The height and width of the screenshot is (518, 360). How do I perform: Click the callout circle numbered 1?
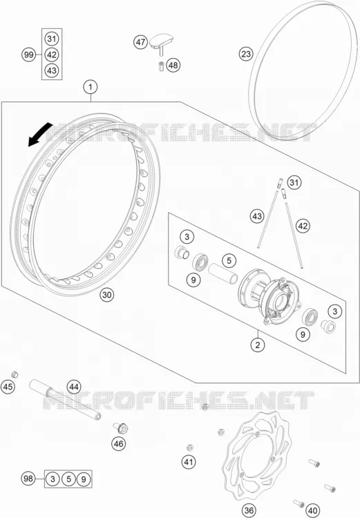[x=91, y=87]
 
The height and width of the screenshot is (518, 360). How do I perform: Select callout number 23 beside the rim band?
[x=246, y=54]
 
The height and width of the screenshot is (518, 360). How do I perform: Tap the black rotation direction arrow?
[x=39, y=135]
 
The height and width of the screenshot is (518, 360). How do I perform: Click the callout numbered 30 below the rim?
[x=107, y=294]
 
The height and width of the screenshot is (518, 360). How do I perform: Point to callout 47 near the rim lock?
[x=141, y=42]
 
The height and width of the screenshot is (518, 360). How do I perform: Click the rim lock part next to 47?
[x=162, y=43]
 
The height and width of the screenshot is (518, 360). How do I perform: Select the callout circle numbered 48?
[x=173, y=65]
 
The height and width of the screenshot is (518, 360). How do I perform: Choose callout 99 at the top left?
[x=29, y=55]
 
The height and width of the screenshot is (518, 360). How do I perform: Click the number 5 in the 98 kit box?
[x=68, y=479]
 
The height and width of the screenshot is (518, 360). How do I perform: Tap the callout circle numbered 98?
[x=29, y=478]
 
